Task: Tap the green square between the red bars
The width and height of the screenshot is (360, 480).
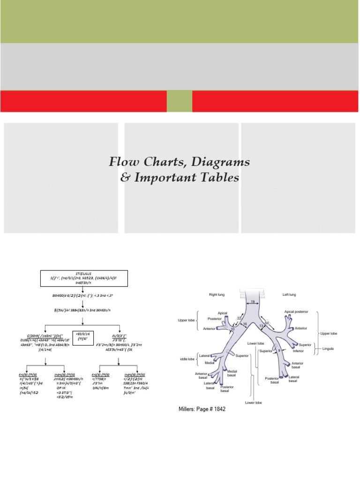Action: click(x=180, y=101)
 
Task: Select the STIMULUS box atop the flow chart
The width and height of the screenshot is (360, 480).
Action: click(x=82, y=279)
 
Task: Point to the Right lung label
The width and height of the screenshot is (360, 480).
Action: click(x=219, y=294)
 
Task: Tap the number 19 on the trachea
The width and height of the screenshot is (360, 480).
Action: click(x=252, y=302)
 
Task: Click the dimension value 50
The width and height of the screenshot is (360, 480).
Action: click(x=267, y=323)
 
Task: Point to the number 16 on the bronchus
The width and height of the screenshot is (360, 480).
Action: click(x=245, y=324)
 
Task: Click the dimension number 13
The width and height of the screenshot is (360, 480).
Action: click(x=261, y=326)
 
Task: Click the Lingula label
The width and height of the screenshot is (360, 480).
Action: click(x=340, y=349)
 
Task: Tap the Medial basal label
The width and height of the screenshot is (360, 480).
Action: click(x=232, y=373)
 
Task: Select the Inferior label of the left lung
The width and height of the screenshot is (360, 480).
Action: click(x=299, y=351)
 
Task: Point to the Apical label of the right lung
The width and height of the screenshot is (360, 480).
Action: click(x=223, y=313)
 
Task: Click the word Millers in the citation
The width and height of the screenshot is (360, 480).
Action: click(x=187, y=409)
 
